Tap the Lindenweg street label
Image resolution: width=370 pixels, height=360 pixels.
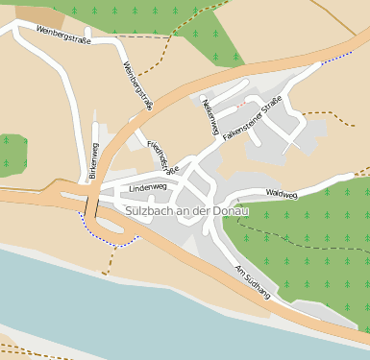[148, 186]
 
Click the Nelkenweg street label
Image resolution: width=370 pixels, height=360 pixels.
[210, 117]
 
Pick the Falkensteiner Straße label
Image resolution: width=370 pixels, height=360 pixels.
[252, 120]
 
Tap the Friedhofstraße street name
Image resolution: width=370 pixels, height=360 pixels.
[162, 156]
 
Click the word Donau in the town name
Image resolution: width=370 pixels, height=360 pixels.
[231, 209]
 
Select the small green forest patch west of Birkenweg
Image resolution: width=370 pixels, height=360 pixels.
[12, 154]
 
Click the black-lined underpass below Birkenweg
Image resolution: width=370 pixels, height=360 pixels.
[91, 204]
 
